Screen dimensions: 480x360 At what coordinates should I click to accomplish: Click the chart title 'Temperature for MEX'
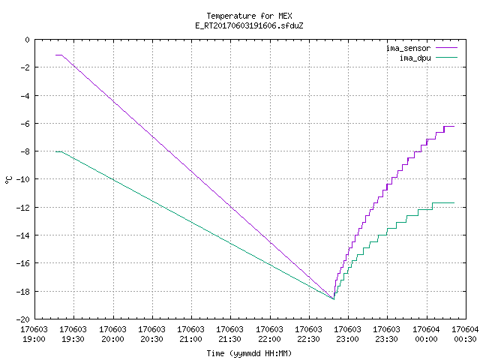[249, 16]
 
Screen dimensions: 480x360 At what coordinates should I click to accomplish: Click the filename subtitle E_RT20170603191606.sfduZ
[249, 25]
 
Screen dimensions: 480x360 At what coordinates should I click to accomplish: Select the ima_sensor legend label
[408, 48]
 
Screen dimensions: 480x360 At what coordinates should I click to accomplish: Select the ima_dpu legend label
[415, 58]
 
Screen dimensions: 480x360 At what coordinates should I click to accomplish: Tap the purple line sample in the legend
[447, 48]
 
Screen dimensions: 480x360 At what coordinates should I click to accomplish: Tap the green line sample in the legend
[447, 57]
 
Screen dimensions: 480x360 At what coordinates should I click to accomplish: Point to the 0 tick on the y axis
[28, 40]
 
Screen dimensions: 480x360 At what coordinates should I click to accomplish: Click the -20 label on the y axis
[23, 319]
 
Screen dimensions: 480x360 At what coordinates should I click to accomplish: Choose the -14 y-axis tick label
[23, 235]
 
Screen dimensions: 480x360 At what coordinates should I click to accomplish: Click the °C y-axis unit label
[8, 180]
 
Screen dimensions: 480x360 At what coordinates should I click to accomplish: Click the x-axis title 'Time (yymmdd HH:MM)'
[249, 353]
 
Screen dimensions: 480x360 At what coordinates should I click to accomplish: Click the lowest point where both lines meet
[334, 299]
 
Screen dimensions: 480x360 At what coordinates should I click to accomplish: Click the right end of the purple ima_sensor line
[454, 126]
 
